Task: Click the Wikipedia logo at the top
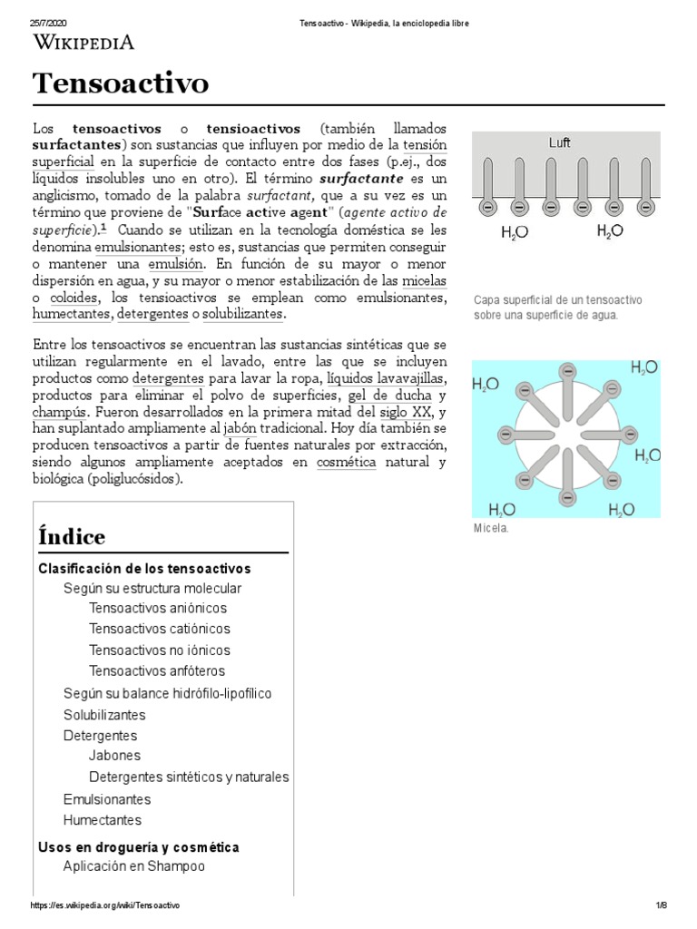(x=83, y=42)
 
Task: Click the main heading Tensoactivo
(x=121, y=83)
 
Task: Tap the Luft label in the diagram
(x=559, y=143)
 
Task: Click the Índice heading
(x=72, y=536)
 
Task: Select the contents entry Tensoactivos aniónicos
(x=158, y=608)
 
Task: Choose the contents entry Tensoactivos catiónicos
(x=160, y=629)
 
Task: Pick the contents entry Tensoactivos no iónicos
(x=160, y=650)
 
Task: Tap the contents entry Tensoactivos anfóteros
(x=157, y=671)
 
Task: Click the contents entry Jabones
(x=114, y=755)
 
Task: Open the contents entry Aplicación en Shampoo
(x=134, y=866)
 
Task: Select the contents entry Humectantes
(x=103, y=820)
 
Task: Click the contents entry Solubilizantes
(x=104, y=715)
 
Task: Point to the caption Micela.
(x=490, y=528)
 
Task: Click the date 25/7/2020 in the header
(x=50, y=22)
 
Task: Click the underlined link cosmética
(x=347, y=463)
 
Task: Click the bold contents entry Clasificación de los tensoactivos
(x=144, y=569)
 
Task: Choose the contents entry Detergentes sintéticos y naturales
(x=189, y=777)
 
